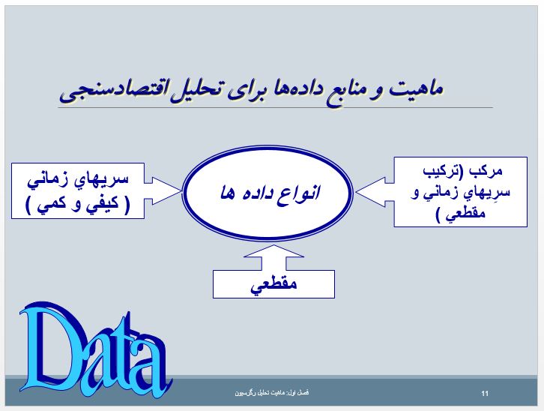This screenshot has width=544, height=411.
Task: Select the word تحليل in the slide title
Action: click(x=194, y=88)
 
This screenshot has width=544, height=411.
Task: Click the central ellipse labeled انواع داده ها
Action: click(x=267, y=193)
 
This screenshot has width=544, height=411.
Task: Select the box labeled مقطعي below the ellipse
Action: click(x=273, y=284)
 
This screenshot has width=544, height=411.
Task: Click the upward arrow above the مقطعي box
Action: click(x=273, y=257)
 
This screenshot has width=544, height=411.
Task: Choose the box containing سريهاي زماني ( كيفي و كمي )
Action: click(x=78, y=191)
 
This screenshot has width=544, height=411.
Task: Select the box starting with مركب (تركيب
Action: click(x=460, y=192)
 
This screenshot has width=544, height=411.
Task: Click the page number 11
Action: click(x=485, y=393)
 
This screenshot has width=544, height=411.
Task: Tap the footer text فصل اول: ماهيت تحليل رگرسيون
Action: click(x=272, y=392)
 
